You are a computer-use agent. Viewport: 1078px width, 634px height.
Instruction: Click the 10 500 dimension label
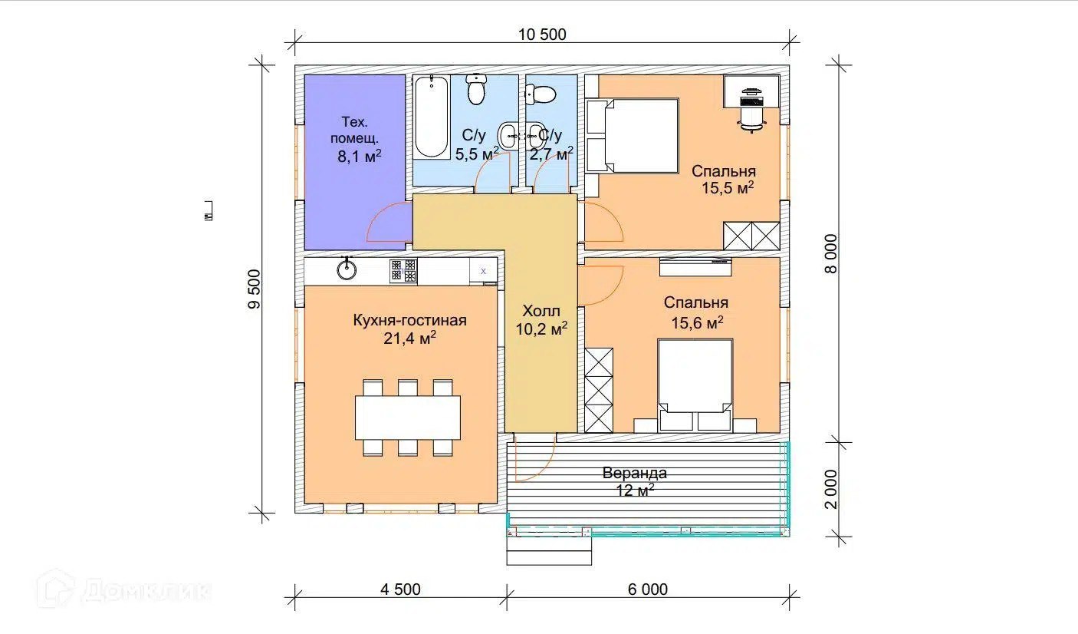click(542, 35)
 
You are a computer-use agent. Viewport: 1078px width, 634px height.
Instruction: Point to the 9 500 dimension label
click(254, 289)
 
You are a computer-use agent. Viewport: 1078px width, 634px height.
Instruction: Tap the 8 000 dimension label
click(831, 253)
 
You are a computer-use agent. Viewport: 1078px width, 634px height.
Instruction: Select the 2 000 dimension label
click(831, 489)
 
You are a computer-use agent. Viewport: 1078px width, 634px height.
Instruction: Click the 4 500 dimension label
click(400, 589)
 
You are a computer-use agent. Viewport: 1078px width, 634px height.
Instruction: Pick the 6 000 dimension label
click(648, 589)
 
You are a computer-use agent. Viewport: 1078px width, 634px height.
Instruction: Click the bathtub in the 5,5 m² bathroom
click(432, 117)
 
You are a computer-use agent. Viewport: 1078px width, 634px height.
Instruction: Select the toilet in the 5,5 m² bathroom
click(476, 89)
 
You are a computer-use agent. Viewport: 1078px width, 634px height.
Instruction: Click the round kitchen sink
click(347, 269)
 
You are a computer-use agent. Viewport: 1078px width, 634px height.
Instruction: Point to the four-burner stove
click(403, 271)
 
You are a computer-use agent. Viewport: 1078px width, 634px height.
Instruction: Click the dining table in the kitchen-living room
click(408, 418)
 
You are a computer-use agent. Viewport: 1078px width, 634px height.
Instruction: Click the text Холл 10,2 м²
click(541, 320)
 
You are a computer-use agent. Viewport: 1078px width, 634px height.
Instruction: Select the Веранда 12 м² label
click(635, 481)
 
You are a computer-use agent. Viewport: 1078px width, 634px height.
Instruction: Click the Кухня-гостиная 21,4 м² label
click(409, 329)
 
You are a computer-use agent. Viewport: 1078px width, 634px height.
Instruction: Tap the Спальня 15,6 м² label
click(696, 312)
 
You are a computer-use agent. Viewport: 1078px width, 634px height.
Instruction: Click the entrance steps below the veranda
click(549, 550)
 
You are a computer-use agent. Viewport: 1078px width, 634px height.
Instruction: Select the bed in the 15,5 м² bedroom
click(633, 136)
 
